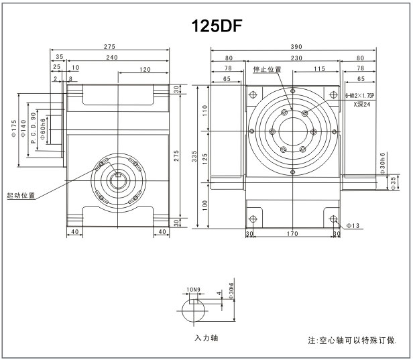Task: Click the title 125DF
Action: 217,26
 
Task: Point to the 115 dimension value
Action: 319,68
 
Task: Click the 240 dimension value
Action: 111,58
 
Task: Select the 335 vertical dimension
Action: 194,157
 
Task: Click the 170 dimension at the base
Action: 292,235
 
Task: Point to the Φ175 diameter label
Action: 14,127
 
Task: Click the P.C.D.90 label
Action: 34,127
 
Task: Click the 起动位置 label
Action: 21,196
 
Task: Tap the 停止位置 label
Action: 268,69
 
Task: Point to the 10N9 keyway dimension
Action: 193,290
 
